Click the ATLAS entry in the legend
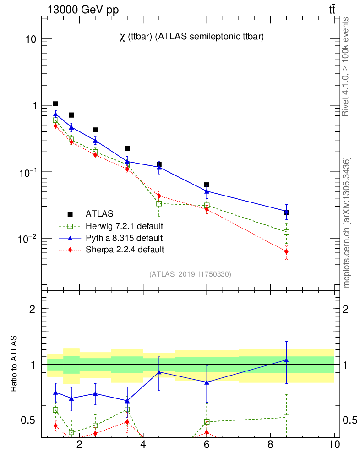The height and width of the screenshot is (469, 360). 99,213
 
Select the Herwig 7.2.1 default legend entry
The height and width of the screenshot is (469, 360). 124,226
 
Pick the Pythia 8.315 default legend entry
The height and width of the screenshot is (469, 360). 124,238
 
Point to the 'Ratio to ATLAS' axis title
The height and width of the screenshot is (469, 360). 15,365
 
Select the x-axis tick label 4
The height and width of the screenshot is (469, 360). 143,445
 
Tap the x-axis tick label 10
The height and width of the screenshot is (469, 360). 334,445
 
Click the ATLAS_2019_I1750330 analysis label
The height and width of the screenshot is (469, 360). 190,274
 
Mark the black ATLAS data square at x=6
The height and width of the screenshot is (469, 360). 207,185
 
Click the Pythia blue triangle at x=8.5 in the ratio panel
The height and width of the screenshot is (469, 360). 286,360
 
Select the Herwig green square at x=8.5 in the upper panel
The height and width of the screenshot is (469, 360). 286,232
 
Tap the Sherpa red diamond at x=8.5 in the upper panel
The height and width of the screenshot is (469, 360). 286,251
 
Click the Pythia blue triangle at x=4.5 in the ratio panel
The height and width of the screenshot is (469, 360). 159,372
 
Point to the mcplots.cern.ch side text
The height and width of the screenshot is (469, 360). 347,223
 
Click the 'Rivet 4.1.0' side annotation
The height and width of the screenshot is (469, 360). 347,66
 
